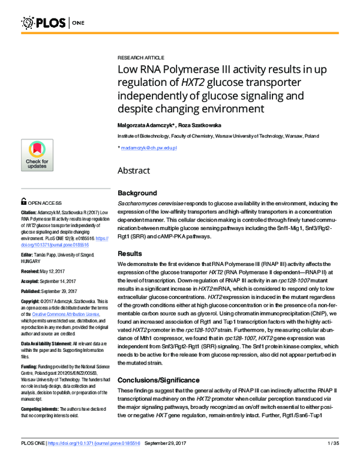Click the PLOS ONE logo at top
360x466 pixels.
pos(53,23)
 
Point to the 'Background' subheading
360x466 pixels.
pos(137,193)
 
